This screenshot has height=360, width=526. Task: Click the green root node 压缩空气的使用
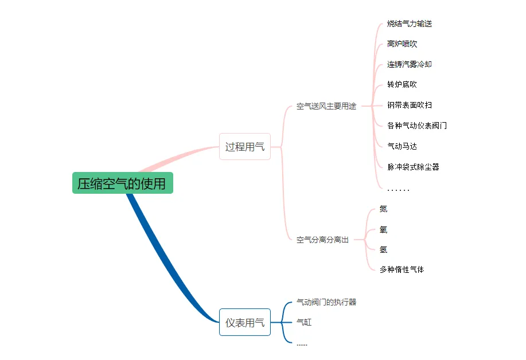tap(122, 183)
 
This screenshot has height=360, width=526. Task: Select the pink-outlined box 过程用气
tap(244, 147)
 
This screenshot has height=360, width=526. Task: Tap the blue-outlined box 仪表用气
tap(244, 323)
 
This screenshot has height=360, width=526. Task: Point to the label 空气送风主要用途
tap(326, 106)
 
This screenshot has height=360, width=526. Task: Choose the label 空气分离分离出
tap(322, 240)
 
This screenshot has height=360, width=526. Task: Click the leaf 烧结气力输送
tap(409, 24)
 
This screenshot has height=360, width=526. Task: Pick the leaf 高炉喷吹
tap(402, 44)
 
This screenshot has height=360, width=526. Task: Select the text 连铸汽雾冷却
tap(409, 64)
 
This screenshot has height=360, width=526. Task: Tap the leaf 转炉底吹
tap(402, 84)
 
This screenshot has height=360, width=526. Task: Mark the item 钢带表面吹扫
tap(409, 105)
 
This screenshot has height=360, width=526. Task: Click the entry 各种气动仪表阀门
tap(416, 125)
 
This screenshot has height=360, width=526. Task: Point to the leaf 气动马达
tap(402, 146)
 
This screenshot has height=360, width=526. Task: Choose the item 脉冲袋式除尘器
tap(413, 167)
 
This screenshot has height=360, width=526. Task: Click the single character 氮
tap(383, 209)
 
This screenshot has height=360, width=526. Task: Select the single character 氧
tap(383, 229)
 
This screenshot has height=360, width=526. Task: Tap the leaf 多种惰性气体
tap(402, 269)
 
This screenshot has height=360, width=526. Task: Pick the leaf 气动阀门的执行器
tap(326, 302)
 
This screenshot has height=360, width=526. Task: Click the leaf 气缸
tap(304, 322)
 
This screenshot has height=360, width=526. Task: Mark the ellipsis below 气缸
tap(302, 344)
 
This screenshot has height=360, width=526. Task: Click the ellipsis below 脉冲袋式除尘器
tap(398, 189)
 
